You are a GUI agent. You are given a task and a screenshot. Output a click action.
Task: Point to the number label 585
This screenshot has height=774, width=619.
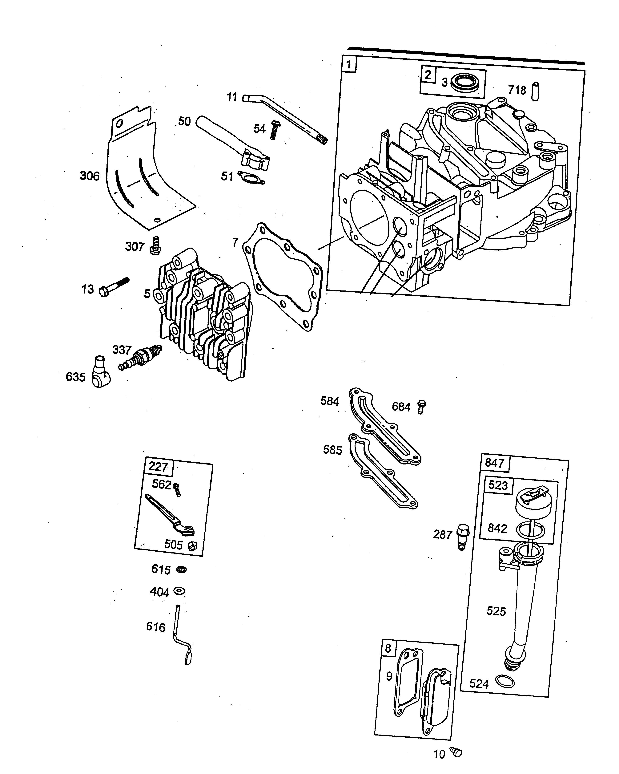coord(332,450)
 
